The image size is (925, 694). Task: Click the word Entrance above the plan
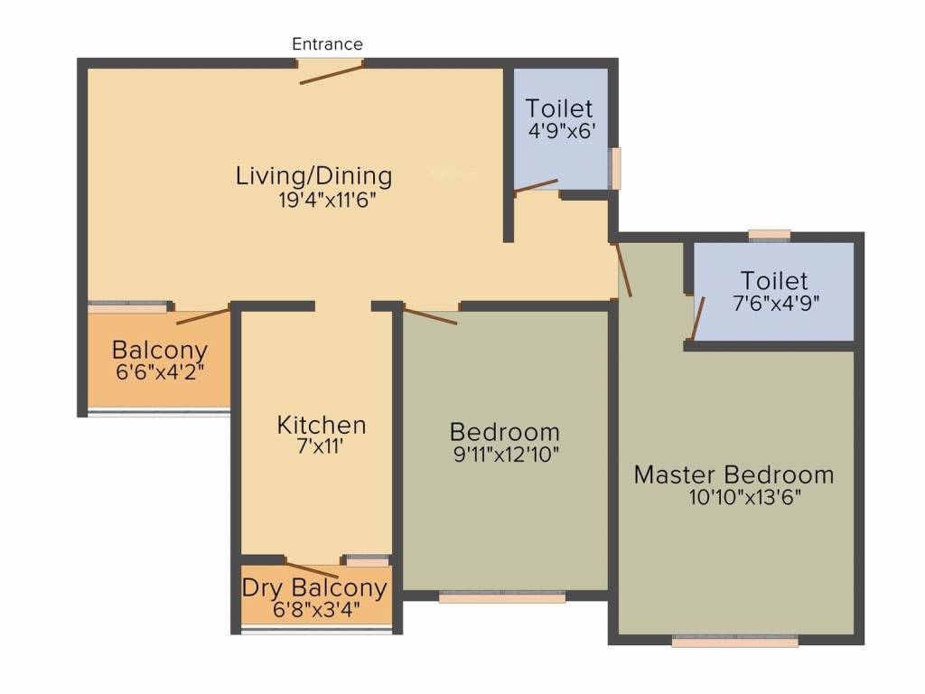point(327,43)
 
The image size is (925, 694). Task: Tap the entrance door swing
point(332,74)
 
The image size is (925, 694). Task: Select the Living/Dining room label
point(313,174)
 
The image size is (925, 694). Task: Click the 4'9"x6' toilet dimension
point(560,129)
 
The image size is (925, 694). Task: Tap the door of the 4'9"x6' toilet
point(537,185)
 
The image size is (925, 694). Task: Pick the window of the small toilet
point(616,168)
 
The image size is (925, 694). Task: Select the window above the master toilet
point(770,236)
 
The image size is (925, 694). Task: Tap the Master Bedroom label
point(733,474)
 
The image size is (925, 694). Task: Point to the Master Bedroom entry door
point(623,269)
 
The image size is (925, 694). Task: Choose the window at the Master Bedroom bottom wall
point(734,642)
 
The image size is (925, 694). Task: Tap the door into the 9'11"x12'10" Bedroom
point(431,315)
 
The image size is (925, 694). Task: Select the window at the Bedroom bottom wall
point(502,596)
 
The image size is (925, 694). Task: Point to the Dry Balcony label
point(314,587)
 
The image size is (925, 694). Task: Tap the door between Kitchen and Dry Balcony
point(312,569)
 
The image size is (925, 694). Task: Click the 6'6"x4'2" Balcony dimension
point(159,371)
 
